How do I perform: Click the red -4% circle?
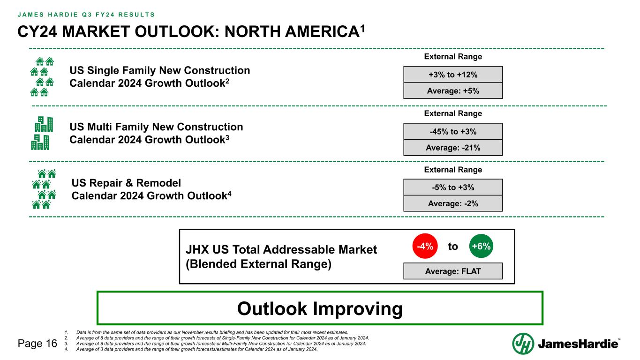(x=425, y=247)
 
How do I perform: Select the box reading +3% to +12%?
(x=453, y=75)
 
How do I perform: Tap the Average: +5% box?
(x=453, y=90)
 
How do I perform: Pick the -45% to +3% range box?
(x=453, y=132)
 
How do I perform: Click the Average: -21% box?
(x=453, y=148)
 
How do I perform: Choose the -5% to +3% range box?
(x=453, y=187)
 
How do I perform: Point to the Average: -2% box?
(x=453, y=203)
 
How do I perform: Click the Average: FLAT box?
(x=453, y=271)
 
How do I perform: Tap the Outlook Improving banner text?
(x=320, y=309)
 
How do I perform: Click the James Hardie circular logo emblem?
(x=523, y=344)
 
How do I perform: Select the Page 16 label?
(x=37, y=344)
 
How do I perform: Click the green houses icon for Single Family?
(x=42, y=77)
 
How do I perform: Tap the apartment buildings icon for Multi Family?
(x=42, y=133)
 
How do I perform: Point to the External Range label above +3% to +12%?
(x=453, y=57)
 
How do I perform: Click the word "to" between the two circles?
(x=453, y=247)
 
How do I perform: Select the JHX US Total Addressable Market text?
(x=281, y=250)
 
